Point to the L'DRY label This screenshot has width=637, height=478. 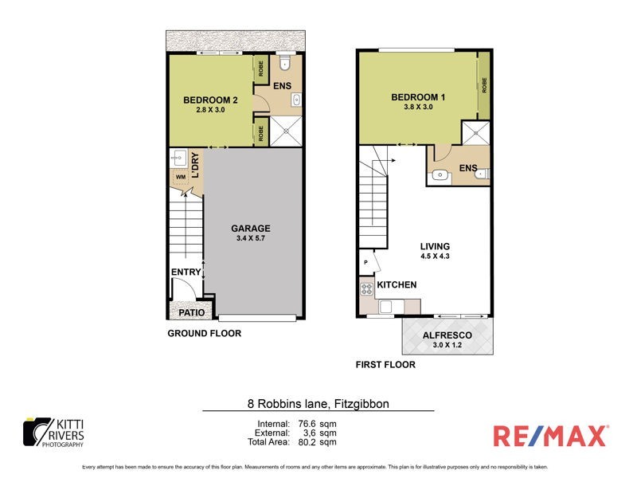pos(195,168)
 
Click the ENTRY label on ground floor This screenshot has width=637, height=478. pos(186,272)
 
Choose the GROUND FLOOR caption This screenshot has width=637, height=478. pos(203,334)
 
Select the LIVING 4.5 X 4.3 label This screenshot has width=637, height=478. pos(436,251)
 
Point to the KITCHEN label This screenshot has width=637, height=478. pos(397,284)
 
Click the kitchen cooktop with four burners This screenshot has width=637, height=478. pos(367,288)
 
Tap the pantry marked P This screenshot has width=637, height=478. pos(365,261)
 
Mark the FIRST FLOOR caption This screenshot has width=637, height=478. pos(385,366)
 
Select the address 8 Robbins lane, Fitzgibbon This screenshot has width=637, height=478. pos(318,404)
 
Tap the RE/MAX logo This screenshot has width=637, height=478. pos(549,436)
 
